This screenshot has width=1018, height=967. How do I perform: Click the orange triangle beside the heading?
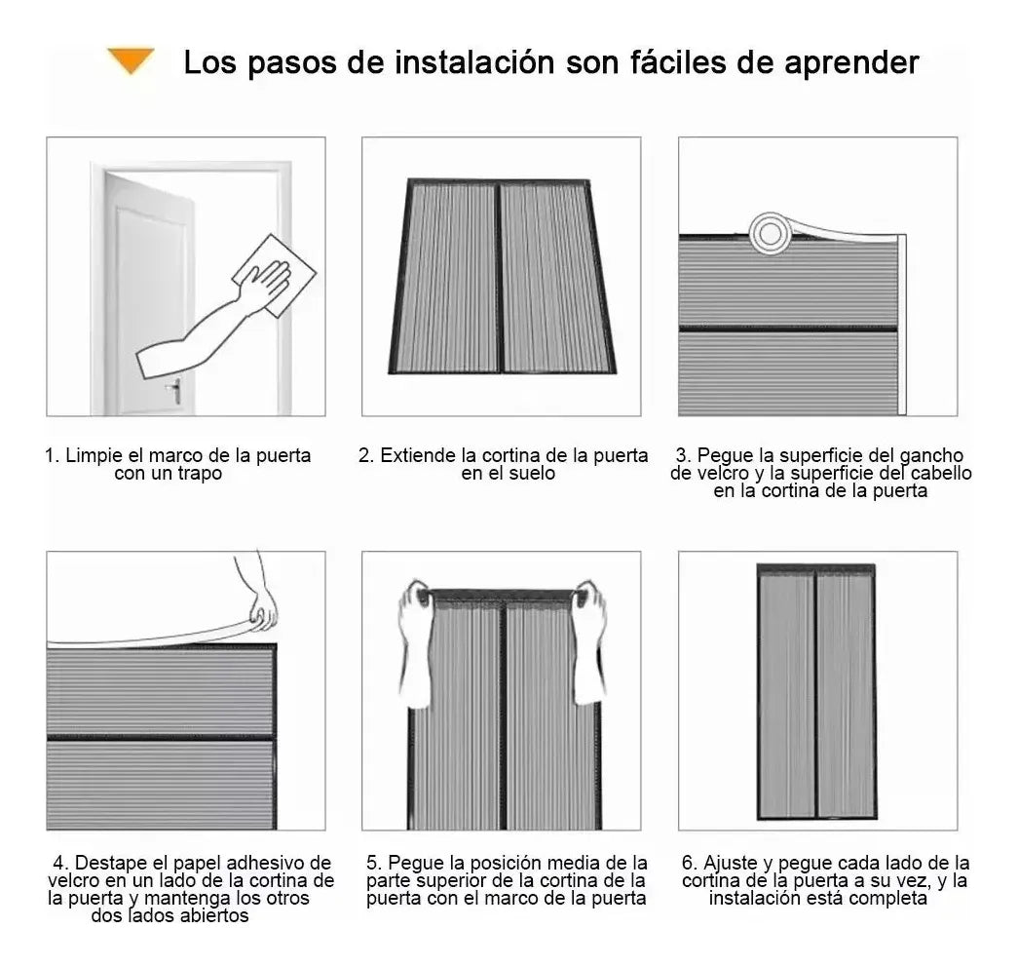pyautogui.click(x=132, y=61)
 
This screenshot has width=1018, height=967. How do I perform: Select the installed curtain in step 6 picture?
pyautogui.click(x=816, y=692)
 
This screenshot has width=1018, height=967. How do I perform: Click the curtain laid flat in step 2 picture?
pyautogui.click(x=502, y=277)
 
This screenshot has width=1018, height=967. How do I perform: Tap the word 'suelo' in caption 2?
pyautogui.click(x=531, y=474)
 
